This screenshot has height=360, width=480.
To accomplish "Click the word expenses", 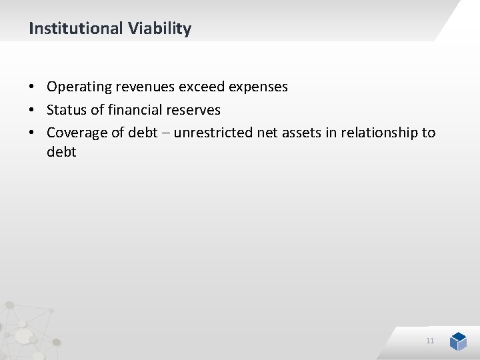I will (x=259, y=87).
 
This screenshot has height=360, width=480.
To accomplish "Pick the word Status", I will (x=65, y=109).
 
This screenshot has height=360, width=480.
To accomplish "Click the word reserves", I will (x=194, y=109).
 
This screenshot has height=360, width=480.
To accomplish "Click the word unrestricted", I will (x=213, y=132).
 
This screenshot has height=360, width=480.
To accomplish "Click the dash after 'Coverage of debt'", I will (x=166, y=133).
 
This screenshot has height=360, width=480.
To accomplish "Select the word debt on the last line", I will (x=61, y=152).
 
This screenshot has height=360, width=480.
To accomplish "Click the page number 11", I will (x=430, y=341).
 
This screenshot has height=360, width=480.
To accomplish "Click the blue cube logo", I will (x=458, y=341).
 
